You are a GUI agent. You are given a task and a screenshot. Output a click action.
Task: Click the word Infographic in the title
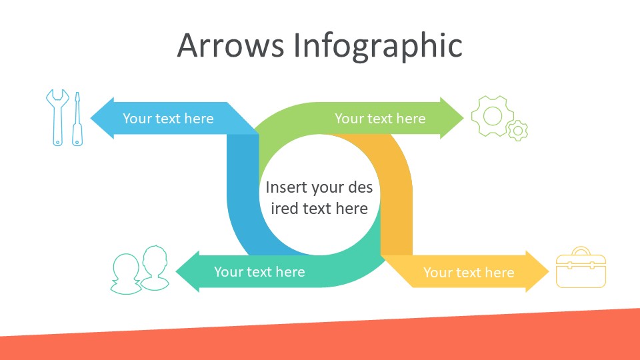click(378, 47)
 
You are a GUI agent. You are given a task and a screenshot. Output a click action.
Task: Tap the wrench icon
click(57, 117)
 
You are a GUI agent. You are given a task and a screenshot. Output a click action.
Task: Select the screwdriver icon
click(77, 119)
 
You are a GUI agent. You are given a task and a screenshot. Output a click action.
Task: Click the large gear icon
click(492, 116)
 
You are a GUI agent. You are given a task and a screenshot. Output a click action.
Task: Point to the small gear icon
click(518, 131)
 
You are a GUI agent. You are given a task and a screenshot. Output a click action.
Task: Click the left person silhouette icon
click(126, 274)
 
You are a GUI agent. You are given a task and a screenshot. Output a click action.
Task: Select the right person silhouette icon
click(155, 268)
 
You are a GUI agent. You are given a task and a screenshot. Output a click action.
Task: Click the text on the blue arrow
click(168, 119)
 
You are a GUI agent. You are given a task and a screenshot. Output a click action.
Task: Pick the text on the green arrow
click(380, 119)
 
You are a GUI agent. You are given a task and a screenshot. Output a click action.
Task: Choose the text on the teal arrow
click(259, 272)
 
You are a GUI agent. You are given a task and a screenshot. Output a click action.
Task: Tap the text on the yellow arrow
click(469, 272)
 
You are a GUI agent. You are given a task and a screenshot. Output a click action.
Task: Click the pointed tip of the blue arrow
click(91, 119)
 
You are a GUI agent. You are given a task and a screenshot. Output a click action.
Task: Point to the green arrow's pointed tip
click(464, 119)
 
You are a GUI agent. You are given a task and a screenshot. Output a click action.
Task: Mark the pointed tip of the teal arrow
click(176, 271)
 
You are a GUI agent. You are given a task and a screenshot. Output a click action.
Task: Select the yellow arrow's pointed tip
click(549, 271)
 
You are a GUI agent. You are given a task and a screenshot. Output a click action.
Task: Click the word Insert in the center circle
click(285, 187)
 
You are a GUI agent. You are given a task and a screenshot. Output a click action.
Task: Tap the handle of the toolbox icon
click(581, 251)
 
